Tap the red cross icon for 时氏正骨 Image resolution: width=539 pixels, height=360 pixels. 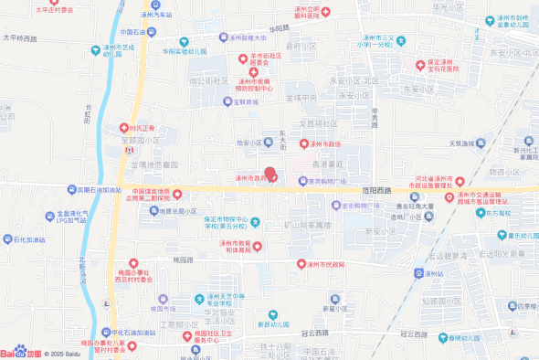[123, 128]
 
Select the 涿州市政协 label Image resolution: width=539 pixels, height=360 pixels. [323, 144]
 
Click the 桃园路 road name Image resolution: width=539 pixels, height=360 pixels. [181, 259]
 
